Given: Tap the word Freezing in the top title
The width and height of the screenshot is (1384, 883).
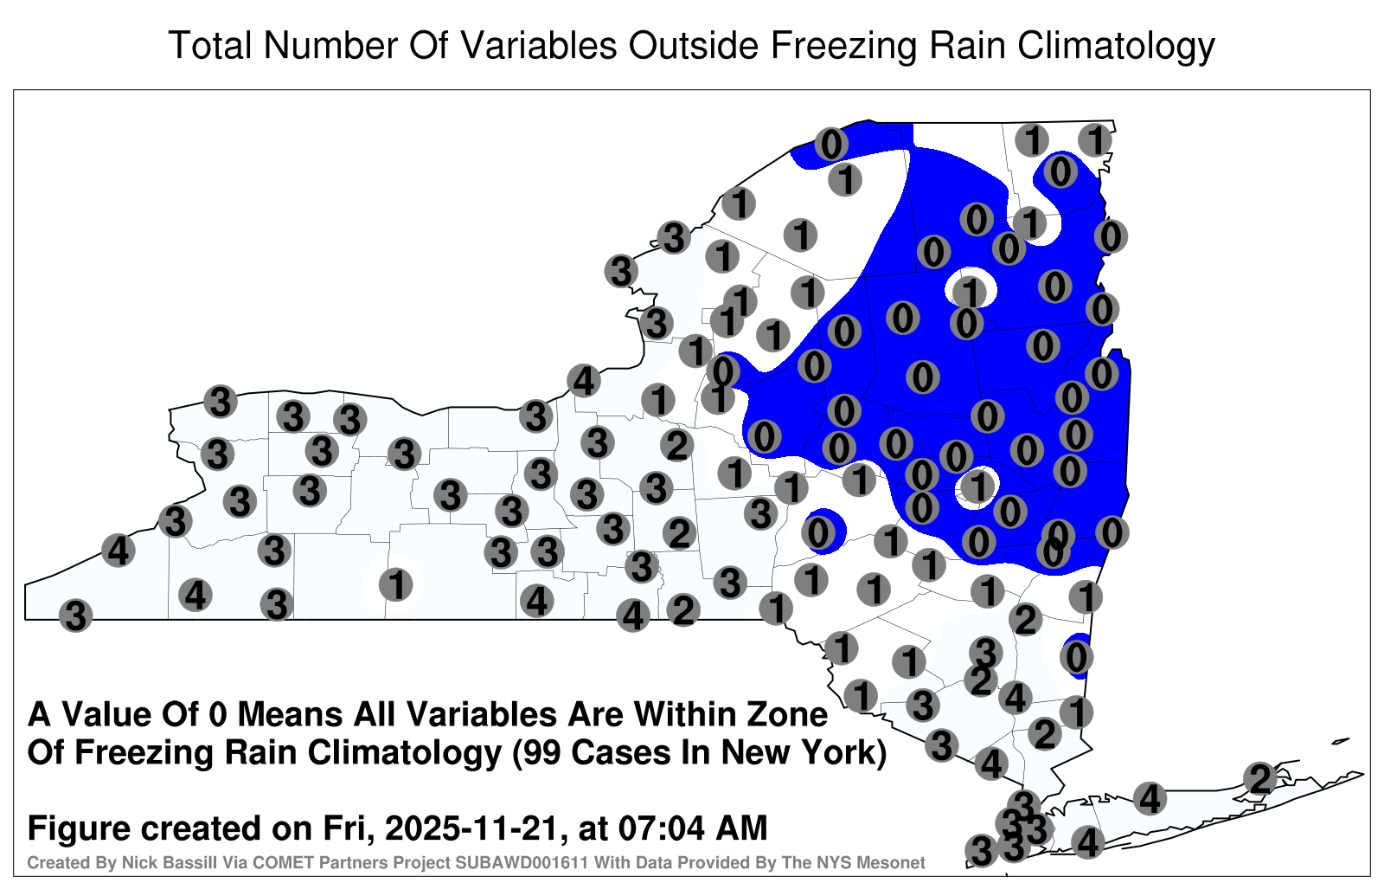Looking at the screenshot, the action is point(842,47).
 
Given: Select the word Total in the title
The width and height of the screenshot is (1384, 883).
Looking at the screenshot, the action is point(210,45).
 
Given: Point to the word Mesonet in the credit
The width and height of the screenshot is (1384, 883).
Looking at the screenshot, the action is point(894,862).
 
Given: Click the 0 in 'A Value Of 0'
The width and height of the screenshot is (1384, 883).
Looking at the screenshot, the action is point(218,715).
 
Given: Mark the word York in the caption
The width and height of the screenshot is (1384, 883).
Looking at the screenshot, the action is point(844,753).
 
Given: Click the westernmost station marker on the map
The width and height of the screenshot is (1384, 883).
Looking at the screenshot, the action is point(75,616).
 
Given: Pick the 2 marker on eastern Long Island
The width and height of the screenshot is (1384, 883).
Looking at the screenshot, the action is point(1260,778).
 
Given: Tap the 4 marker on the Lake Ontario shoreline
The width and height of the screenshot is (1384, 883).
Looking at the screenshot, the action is point(584,380).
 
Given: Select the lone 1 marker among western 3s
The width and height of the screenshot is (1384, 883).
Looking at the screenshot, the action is point(395,584).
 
